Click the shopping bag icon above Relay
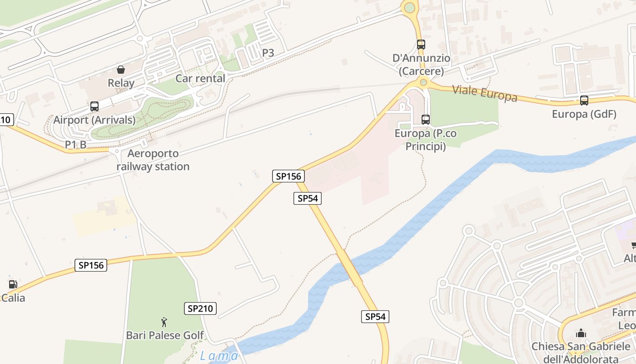point(121,70)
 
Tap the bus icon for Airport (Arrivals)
point(94,106)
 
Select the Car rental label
point(200,78)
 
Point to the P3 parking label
point(268,53)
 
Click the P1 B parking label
point(75,144)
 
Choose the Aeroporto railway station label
point(153,160)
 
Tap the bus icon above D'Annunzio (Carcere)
point(421,45)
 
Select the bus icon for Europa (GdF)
point(584,101)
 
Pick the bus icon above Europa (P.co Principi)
point(426,120)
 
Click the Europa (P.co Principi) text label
point(426,140)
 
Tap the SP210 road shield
point(200,308)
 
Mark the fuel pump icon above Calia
point(13,284)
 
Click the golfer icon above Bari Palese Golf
point(164,323)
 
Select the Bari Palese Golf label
point(165,336)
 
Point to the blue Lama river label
point(219,356)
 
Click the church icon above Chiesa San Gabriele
point(581,333)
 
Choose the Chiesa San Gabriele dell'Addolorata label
point(581,353)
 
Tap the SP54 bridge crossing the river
point(349,268)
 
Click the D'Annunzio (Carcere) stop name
point(421,65)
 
